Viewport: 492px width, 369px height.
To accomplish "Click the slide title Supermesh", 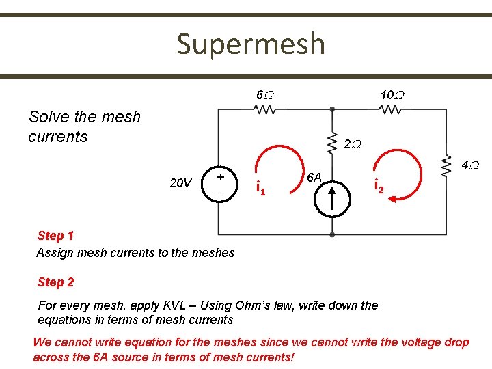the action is [x=250, y=44].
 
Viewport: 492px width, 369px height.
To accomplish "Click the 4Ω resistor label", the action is [x=469, y=165].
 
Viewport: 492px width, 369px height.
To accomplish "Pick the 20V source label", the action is [x=180, y=182].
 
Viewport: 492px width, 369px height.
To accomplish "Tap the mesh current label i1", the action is [x=260, y=185].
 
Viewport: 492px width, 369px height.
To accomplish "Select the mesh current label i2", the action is [x=378, y=184].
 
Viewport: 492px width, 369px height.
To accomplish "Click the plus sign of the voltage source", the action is [x=220, y=176].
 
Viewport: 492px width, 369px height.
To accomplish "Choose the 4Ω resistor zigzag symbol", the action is [x=448, y=165].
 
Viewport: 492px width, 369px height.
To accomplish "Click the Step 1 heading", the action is [x=56, y=236].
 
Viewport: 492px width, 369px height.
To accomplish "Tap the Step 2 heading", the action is [x=56, y=282].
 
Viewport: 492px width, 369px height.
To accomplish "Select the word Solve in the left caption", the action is [x=46, y=117].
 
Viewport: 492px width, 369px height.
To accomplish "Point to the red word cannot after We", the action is [x=74, y=342].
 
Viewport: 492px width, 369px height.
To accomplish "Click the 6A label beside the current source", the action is [x=314, y=177].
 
